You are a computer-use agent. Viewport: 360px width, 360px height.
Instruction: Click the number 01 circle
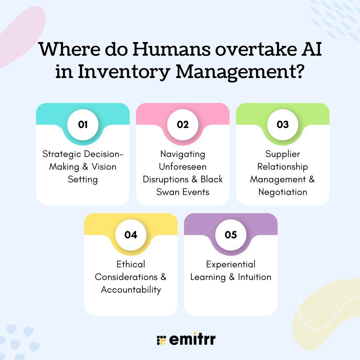point(83,124)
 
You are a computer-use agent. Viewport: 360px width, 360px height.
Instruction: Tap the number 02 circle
point(183,124)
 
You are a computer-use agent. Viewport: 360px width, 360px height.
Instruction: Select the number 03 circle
point(283,124)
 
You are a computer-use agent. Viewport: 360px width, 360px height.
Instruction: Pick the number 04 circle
point(131,235)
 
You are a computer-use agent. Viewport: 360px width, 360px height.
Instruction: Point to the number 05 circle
point(231,235)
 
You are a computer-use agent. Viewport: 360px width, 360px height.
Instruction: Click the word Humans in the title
point(172,49)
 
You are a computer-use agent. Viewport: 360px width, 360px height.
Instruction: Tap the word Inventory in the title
point(124,72)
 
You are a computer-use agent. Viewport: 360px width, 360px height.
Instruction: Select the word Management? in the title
point(240,72)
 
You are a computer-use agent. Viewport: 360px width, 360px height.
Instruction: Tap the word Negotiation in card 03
point(283,192)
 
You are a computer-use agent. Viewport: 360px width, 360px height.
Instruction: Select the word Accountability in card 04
point(131,290)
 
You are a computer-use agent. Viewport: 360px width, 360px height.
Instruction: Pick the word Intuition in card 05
point(255,277)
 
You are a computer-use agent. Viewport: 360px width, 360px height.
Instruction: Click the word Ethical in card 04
point(131,264)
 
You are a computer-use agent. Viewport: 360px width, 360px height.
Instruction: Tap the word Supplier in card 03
point(283,154)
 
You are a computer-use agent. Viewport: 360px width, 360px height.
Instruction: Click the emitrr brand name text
point(192,339)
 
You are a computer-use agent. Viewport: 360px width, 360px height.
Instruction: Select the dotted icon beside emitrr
point(161,340)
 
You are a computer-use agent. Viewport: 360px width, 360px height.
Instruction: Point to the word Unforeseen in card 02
point(183,167)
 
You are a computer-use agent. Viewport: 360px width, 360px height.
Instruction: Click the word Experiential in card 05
point(231,265)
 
